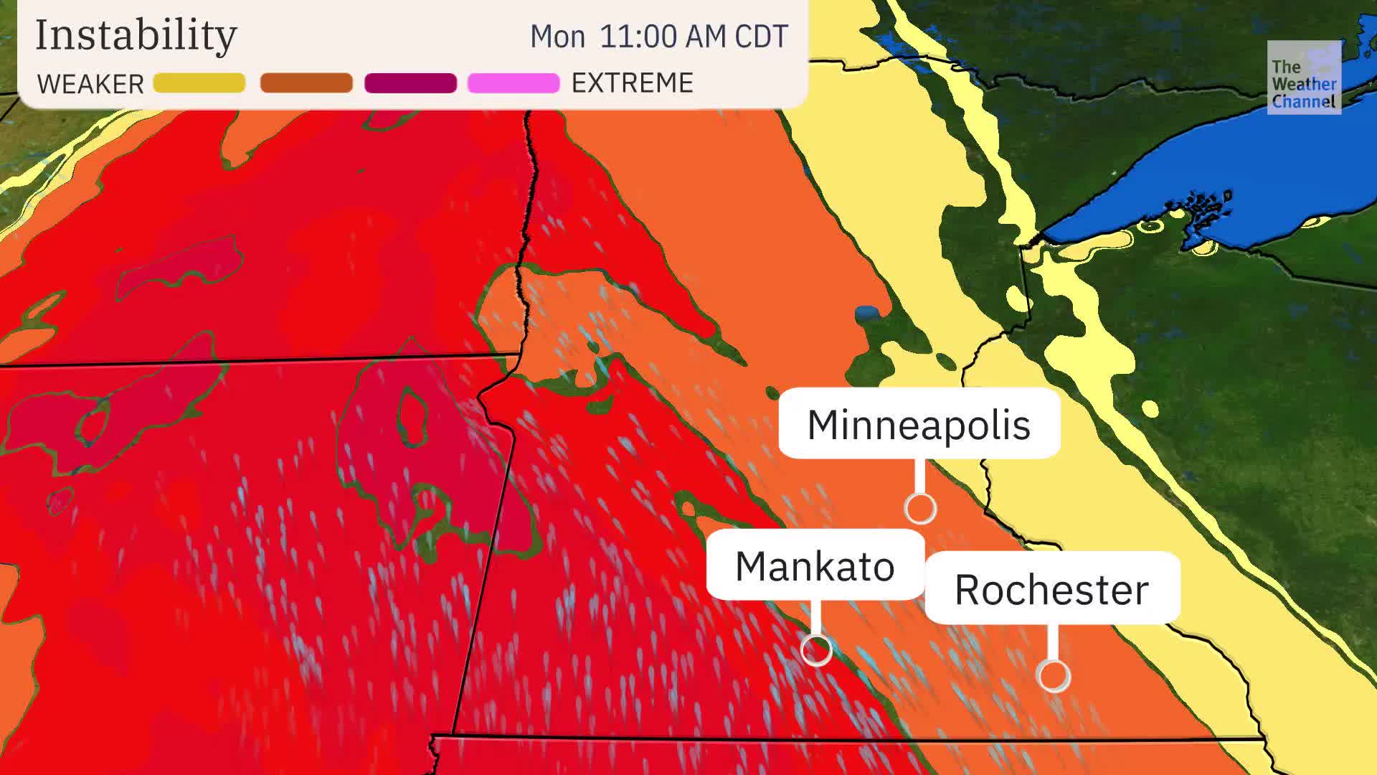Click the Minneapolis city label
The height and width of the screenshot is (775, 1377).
[919, 424]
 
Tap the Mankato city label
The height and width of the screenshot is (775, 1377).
[815, 566]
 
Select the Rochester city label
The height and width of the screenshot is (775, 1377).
[1051, 589]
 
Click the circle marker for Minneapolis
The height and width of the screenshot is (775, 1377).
[920, 508]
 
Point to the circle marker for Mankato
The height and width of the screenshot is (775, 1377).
[816, 650]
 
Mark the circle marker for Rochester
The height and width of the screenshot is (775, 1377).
[1054, 675]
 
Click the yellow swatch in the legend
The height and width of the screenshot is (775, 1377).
[199, 83]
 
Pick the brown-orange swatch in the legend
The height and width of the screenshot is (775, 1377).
[306, 83]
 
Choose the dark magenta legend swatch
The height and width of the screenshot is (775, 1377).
[410, 83]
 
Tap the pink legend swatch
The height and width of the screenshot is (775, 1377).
[514, 83]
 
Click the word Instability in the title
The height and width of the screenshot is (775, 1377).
[136, 34]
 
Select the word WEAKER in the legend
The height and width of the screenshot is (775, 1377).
[90, 84]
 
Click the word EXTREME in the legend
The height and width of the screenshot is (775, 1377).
[632, 83]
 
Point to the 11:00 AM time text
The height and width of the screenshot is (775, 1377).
[653, 36]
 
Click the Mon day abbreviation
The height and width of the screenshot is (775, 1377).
[557, 37]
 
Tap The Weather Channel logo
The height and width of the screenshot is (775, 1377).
[1303, 77]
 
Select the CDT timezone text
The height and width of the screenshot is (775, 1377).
[760, 36]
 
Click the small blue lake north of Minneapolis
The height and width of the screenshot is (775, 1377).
[866, 313]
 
